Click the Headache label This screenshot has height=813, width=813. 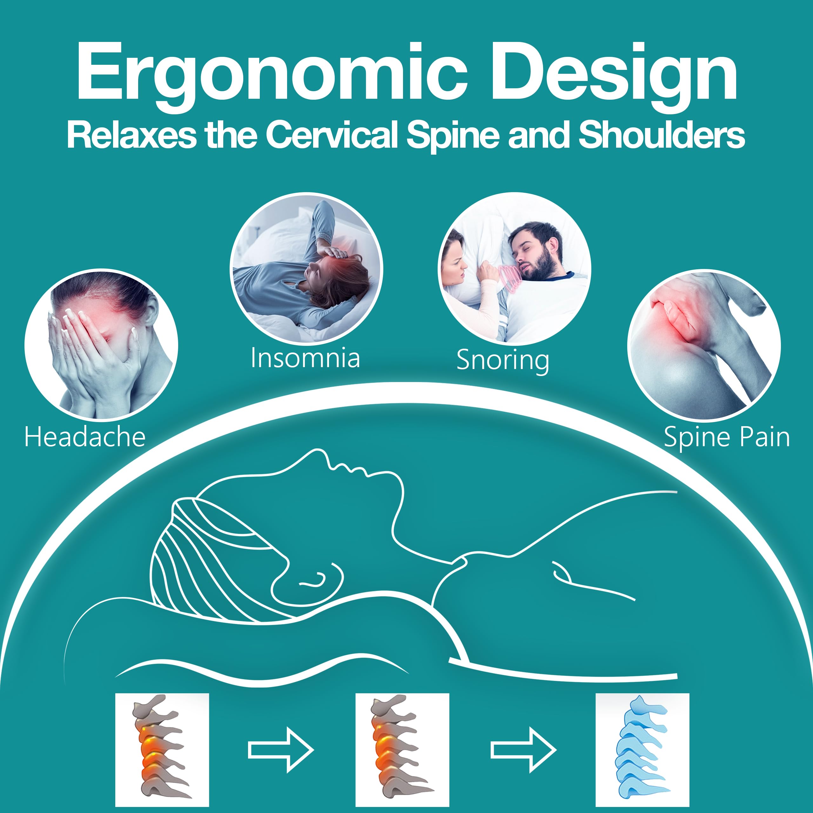[85, 437]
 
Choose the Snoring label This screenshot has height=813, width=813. [503, 360]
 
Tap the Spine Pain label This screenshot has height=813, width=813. [726, 437]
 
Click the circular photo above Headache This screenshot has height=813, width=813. [101, 345]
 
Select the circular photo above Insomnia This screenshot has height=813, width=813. [306, 268]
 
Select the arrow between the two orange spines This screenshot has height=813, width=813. [281, 749]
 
